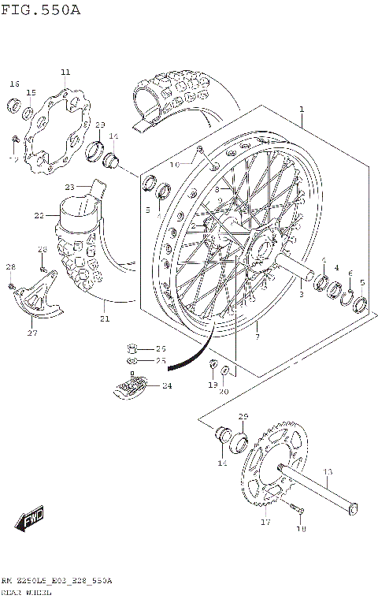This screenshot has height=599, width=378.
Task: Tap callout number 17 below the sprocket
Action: click(x=265, y=521)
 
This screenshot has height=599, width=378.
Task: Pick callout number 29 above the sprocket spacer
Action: click(x=243, y=416)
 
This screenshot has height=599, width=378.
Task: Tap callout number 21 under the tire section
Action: click(x=104, y=318)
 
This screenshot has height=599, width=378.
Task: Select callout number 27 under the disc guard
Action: click(x=32, y=333)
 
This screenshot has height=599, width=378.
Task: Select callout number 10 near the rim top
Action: click(x=175, y=165)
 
